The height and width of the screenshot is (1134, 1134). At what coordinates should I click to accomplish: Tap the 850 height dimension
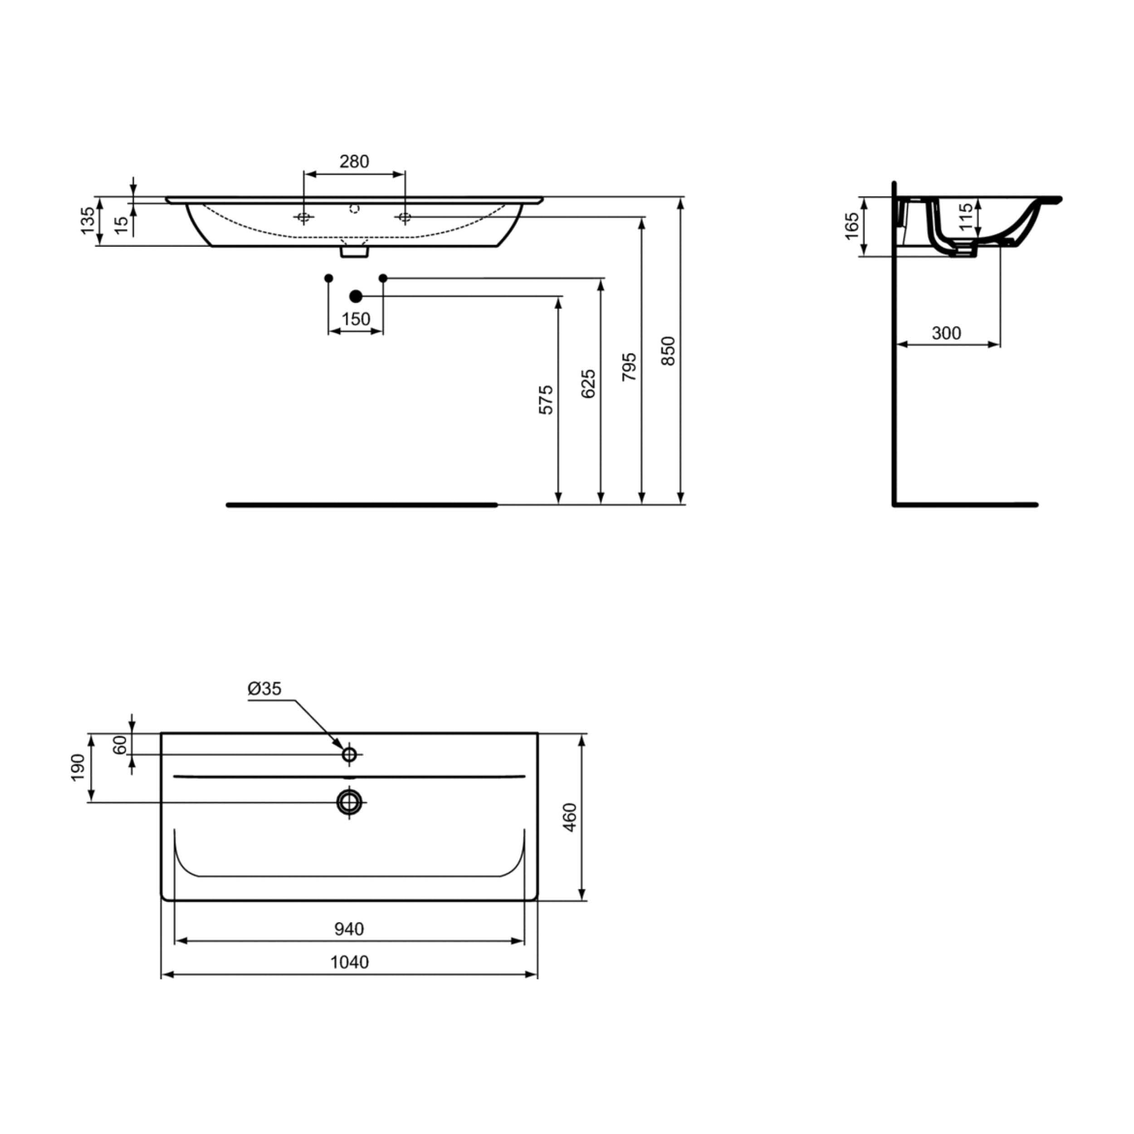[669, 351]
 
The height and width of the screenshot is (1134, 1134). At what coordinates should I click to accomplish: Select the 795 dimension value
[629, 367]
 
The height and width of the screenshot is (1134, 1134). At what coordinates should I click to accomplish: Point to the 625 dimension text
[588, 384]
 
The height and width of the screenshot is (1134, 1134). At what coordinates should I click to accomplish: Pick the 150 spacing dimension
[356, 319]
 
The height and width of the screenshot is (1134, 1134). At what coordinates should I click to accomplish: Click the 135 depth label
[88, 221]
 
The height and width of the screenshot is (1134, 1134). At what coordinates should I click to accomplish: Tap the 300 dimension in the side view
[947, 333]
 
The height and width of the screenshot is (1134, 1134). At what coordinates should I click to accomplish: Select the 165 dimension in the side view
[852, 226]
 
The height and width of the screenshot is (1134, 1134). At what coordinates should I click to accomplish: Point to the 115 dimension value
[966, 218]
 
